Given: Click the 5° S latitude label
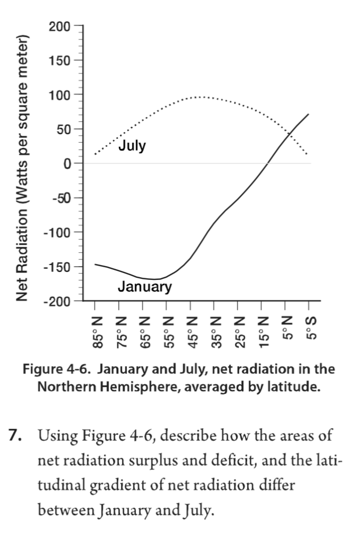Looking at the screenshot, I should click(309, 328).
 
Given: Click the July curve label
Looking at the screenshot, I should click(132, 146).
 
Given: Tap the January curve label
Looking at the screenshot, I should click(145, 287).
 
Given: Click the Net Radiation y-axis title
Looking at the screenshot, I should click(22, 168).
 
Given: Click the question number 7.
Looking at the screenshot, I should click(14, 436).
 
